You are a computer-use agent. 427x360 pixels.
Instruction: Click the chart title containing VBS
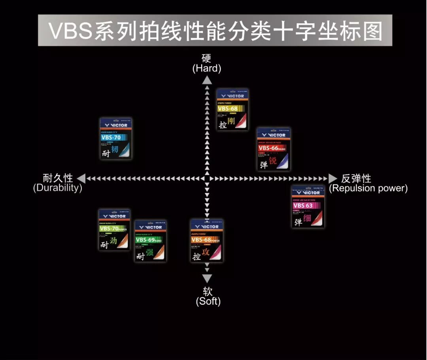point(215,31)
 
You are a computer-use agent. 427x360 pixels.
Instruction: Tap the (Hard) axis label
point(207,68)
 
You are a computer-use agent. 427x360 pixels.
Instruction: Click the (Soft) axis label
point(208,301)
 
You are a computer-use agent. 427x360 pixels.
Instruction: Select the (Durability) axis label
point(58,188)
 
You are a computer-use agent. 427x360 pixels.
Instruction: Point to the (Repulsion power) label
point(368,188)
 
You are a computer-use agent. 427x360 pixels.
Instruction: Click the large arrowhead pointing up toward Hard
point(207,80)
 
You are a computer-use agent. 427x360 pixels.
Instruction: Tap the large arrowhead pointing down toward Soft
point(207,278)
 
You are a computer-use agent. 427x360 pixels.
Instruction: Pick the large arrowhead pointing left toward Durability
point(81,179)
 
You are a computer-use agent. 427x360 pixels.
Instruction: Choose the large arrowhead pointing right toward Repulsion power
point(333,179)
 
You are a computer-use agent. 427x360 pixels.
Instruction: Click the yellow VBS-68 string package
point(232,110)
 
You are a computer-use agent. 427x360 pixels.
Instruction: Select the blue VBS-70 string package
point(115,139)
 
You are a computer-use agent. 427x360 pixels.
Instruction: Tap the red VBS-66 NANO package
point(274,149)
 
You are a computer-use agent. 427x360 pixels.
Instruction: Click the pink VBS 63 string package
point(308,206)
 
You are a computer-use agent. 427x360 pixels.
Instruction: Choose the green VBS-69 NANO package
point(150,241)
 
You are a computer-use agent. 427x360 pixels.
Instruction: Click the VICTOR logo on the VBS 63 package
point(308,192)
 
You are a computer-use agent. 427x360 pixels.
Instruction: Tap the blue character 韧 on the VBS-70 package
point(115,150)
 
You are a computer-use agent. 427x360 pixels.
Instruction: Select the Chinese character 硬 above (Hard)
point(206,58)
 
